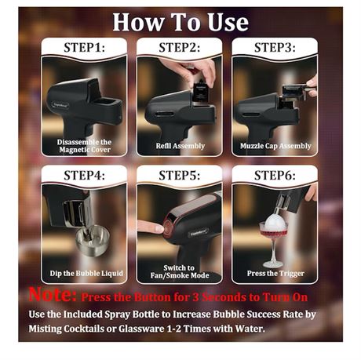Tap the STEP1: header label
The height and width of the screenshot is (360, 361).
coord(83,47)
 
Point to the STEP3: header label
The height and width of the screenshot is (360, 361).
coord(275,47)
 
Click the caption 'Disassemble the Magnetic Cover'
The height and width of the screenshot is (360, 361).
coord(83,145)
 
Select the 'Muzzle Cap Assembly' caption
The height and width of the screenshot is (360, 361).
coord(275,146)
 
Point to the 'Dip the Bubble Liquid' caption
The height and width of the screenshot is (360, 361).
coord(83,273)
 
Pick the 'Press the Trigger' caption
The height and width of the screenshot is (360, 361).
coord(275,273)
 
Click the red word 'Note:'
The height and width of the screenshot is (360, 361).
coord(52,296)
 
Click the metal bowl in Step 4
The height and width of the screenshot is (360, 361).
coord(89,237)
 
